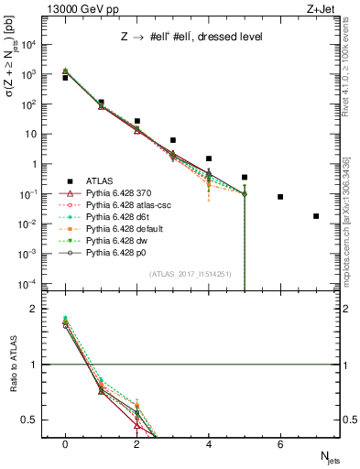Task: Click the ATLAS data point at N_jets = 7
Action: pos(316,216)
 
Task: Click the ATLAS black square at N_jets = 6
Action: pos(280,197)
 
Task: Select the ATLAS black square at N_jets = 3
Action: pos(172,140)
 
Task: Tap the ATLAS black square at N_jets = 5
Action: pos(245,177)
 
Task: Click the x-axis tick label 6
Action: pos(280,444)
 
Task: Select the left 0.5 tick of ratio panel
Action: pos(32,420)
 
